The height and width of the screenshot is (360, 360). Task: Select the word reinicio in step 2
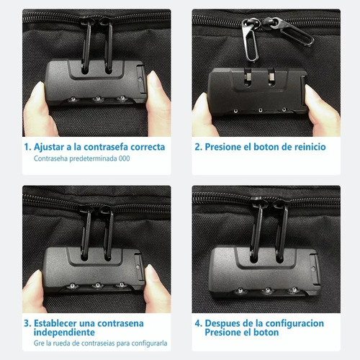point(305,147)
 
